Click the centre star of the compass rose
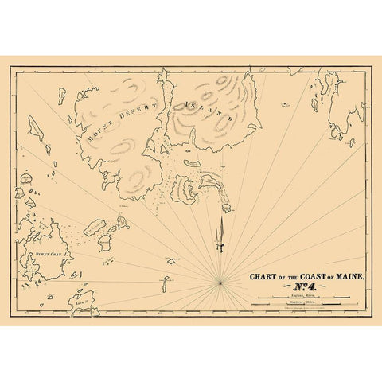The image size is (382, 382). [219, 281]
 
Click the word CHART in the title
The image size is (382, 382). [263, 277]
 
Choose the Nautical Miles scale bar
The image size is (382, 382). [302, 306]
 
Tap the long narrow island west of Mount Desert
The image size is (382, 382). [36, 127]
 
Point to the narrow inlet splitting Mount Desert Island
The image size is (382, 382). [162, 103]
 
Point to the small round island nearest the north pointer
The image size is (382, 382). [226, 209]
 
